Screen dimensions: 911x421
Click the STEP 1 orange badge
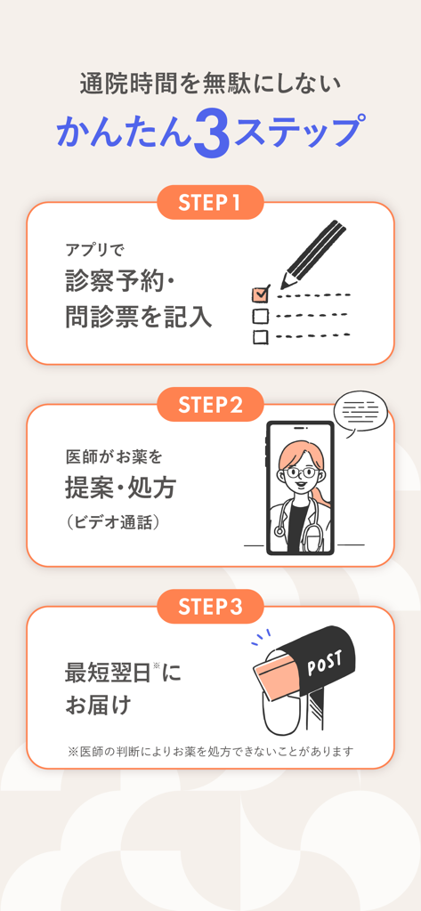pos(210,203)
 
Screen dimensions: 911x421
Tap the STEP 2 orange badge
pos(210,405)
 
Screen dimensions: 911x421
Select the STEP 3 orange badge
pos(210,607)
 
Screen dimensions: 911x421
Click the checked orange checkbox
pos(261,294)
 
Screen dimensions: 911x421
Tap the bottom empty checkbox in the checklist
pos(261,336)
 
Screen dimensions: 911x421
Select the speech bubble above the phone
pos(360,413)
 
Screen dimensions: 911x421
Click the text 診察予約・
pos(122,281)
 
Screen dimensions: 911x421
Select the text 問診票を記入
pos(139,317)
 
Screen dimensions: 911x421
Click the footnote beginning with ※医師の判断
pos(210,752)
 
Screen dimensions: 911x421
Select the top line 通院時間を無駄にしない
pos(210,85)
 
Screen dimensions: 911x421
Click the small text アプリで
pos(95,250)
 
